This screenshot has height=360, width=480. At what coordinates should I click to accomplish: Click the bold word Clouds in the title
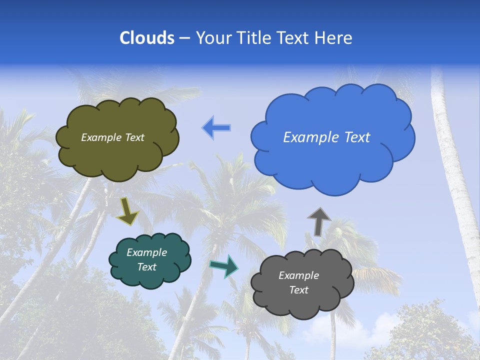(x=147, y=38)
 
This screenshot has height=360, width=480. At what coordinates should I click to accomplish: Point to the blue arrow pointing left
(x=216, y=127)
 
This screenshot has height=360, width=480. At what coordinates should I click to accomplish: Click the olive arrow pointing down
(x=127, y=212)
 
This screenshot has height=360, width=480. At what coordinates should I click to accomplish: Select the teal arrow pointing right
(x=224, y=266)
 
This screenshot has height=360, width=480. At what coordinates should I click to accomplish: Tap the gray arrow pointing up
(x=318, y=221)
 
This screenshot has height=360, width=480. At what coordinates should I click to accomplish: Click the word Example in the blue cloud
(x=309, y=137)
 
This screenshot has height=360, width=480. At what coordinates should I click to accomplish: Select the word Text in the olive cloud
(x=134, y=137)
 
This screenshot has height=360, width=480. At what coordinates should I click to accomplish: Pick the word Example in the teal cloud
(x=147, y=252)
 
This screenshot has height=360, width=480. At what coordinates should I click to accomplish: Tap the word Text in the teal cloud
(x=147, y=267)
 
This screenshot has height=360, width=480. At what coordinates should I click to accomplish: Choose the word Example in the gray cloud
(x=299, y=275)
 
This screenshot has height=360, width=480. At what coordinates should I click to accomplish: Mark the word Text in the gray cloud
(x=299, y=290)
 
